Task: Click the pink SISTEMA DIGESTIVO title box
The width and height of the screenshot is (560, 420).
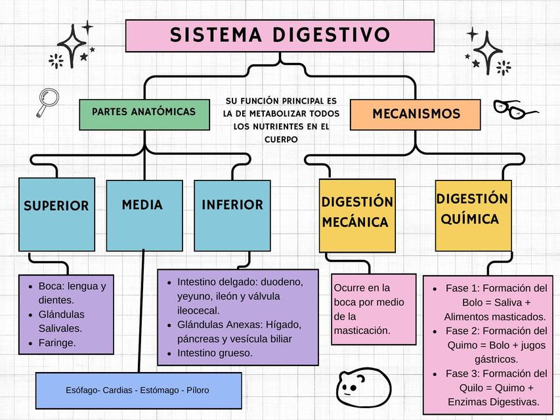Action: coord(280,35)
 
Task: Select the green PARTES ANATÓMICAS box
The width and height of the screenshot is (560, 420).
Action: coord(144,113)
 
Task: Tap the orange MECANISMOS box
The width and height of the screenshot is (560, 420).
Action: coord(416,114)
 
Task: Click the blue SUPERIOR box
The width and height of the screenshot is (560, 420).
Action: coord(56,214)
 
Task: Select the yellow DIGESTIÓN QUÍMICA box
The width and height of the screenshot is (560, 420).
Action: coord(473,214)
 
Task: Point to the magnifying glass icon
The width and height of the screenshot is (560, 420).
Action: coord(47,102)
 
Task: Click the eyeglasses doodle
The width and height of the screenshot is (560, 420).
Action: coord(515,109)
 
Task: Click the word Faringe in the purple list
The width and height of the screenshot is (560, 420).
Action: coord(57,343)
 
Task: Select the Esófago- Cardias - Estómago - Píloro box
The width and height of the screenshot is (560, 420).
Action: coord(139,390)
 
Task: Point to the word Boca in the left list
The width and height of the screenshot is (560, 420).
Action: coord(50,286)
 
